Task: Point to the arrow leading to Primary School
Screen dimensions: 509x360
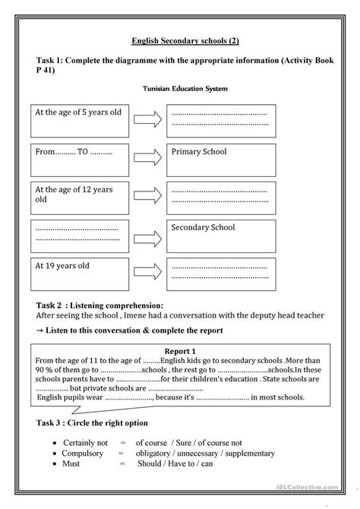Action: coord(150,158)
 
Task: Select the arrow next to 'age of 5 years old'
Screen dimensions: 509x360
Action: coord(150,119)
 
